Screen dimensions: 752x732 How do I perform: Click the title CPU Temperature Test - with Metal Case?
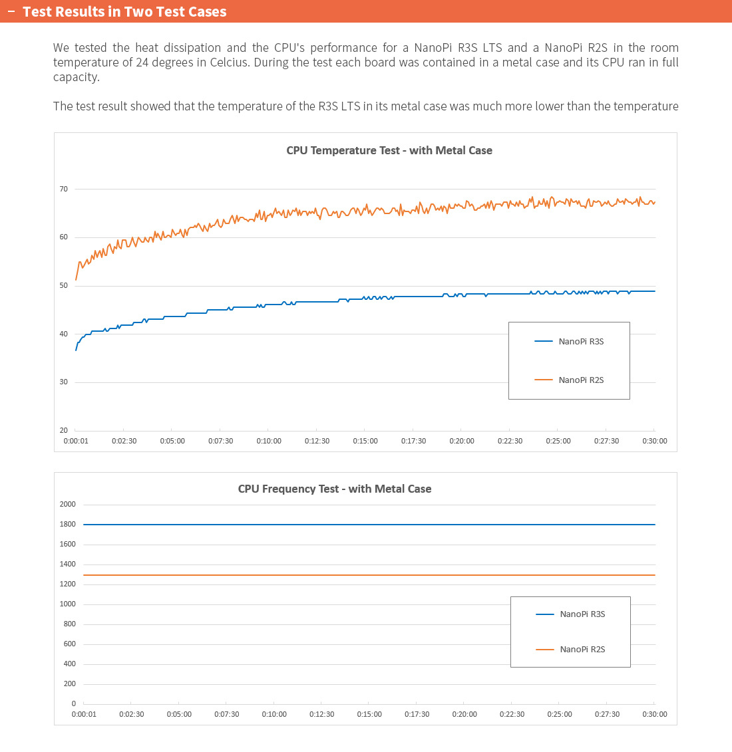[x=389, y=150]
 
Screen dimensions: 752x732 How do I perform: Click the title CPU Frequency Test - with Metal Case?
[x=335, y=489]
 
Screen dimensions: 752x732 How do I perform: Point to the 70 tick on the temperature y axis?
[x=63, y=189]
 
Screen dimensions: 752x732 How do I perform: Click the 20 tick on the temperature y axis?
[x=63, y=430]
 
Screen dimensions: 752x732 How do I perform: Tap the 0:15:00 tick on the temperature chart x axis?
[x=365, y=441]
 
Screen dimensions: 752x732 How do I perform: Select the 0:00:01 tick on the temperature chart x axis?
[x=76, y=441]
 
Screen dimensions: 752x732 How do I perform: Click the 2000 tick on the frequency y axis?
[x=67, y=504]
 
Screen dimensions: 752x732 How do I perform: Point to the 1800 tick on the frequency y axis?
[x=67, y=524]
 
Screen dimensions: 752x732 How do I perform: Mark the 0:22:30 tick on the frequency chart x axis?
[x=512, y=714]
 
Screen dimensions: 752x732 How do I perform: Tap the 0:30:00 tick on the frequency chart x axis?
[x=655, y=714]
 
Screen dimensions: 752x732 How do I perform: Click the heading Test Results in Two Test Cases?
[x=124, y=11]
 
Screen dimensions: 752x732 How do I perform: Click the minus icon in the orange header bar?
[x=11, y=11]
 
